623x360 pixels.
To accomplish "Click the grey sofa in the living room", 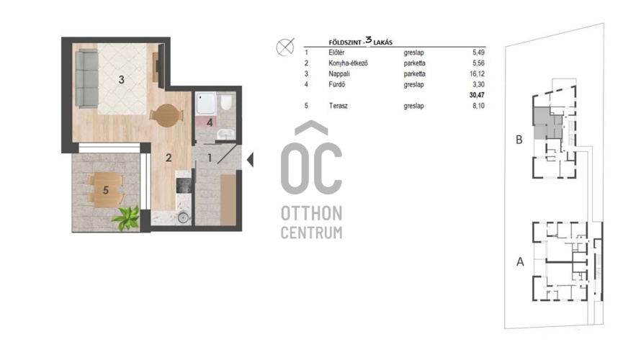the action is [86, 78].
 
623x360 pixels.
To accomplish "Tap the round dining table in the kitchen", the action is [167, 116].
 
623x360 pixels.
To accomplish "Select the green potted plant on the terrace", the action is [126, 218].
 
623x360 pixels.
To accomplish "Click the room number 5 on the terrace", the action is [106, 190].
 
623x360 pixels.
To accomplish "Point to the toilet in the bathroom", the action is [226, 102].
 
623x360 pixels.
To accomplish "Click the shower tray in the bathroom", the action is [206, 103].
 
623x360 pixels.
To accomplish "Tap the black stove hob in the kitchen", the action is [184, 185].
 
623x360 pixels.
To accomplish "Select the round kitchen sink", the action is [183, 217].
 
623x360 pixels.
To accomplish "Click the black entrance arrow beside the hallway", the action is [250, 160].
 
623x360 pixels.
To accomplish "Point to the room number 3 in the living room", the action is [122, 80].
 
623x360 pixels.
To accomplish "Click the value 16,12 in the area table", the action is [477, 73].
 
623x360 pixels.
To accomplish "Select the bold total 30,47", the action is [477, 95].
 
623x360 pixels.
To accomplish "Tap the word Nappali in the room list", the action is [339, 73].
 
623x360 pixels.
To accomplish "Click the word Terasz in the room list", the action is [338, 106].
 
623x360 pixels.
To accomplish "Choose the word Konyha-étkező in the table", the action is [348, 63].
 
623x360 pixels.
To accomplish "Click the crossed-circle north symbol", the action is [285, 48].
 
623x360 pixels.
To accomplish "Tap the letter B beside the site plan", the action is [519, 140].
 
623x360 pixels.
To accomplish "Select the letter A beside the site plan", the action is [520, 262].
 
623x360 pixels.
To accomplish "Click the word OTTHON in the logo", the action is [311, 213].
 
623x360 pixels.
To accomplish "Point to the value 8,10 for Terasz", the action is [479, 106].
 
